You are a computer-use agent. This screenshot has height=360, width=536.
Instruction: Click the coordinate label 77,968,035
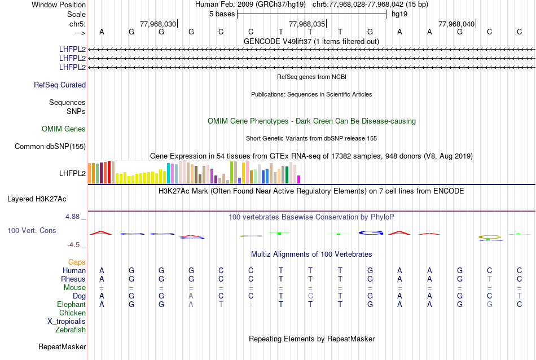coord(307,24)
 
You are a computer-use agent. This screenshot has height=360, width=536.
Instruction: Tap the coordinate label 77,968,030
coord(158,24)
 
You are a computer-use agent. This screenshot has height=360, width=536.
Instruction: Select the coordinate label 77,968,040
coord(456,24)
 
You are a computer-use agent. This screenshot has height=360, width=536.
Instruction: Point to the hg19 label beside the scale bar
coord(399,14)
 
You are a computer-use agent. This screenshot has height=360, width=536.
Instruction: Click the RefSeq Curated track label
coord(60,85)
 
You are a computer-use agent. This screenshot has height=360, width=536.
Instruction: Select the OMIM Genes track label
coord(64,129)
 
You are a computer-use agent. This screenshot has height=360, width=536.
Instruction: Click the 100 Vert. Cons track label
coord(32,231)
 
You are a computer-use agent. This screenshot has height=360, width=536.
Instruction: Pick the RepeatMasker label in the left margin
coord(62,346)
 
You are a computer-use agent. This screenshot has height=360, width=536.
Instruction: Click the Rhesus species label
coord(74,279)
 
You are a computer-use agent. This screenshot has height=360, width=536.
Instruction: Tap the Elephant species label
coord(72,304)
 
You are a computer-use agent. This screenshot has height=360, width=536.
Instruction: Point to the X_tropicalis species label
coord(67,321)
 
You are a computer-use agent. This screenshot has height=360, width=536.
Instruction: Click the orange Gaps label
coord(77,262)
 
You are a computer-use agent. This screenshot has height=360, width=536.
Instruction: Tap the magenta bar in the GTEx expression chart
coord(299,179)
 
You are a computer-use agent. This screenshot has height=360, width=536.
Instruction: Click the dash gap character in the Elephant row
coord(251,305)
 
